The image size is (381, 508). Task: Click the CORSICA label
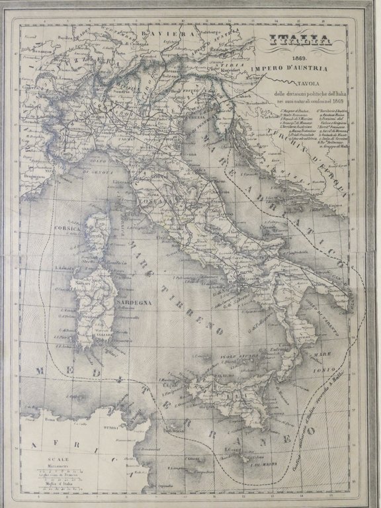pos(69,228)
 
